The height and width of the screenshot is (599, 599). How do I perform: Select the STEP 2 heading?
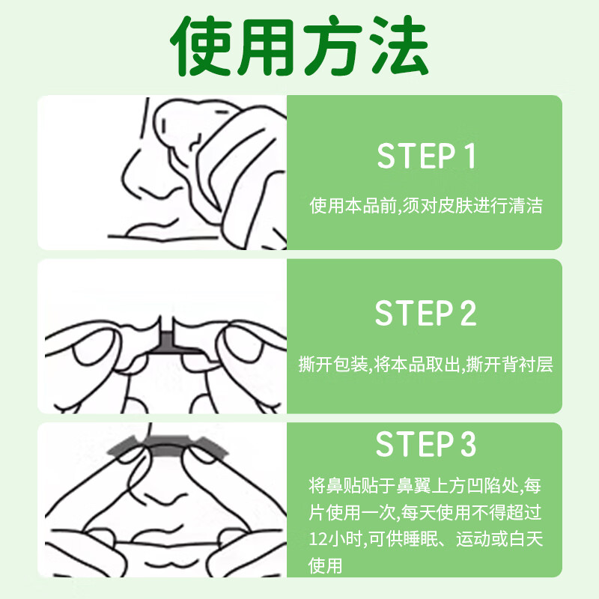(425, 314)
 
